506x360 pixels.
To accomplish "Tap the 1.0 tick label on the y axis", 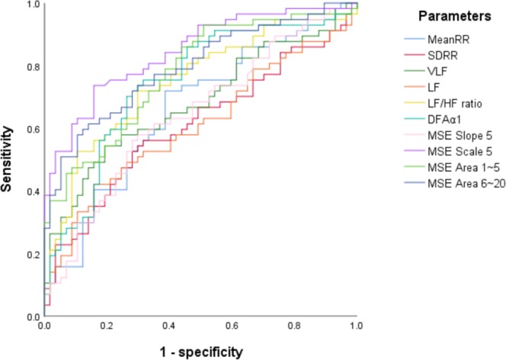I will coord(30,5).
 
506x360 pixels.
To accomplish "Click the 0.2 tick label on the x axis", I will coord(107,327).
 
